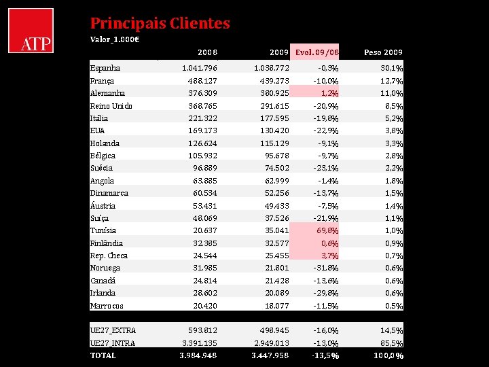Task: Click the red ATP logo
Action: click(31, 31)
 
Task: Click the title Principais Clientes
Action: click(160, 23)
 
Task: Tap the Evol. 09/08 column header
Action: click(317, 52)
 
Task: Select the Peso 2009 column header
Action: click(383, 52)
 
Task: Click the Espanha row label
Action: click(105, 68)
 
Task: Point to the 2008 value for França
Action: click(202, 81)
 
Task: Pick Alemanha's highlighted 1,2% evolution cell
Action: click(329, 93)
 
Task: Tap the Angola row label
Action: click(103, 181)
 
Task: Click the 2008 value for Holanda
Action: click(202, 143)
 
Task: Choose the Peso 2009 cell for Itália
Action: click(393, 118)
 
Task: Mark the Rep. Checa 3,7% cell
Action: click(329, 256)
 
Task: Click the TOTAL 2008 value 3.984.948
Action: click(198, 355)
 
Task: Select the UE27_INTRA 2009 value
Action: click(270, 343)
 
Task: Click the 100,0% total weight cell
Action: click(388, 355)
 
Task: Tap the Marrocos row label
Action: click(107, 306)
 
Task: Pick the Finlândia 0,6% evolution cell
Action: click(329, 243)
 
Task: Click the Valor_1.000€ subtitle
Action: click(115, 39)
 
